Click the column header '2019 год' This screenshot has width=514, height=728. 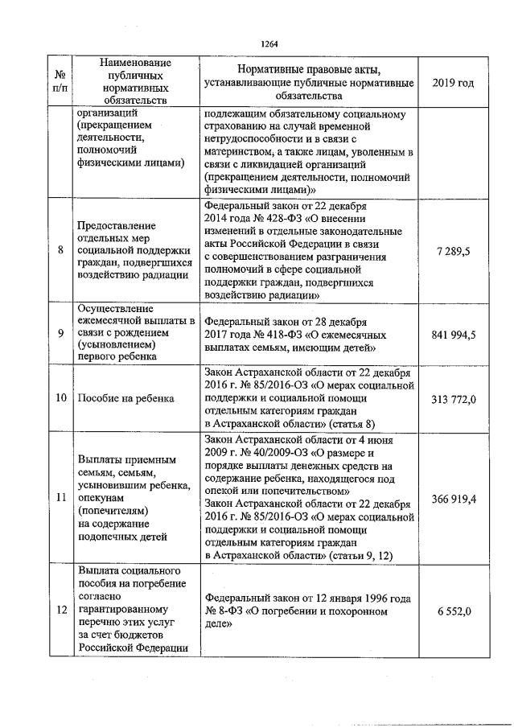(x=453, y=83)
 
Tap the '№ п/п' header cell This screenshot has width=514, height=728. (x=60, y=83)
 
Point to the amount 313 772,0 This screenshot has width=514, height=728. (x=453, y=398)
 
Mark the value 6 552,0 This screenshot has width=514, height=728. (x=454, y=611)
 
